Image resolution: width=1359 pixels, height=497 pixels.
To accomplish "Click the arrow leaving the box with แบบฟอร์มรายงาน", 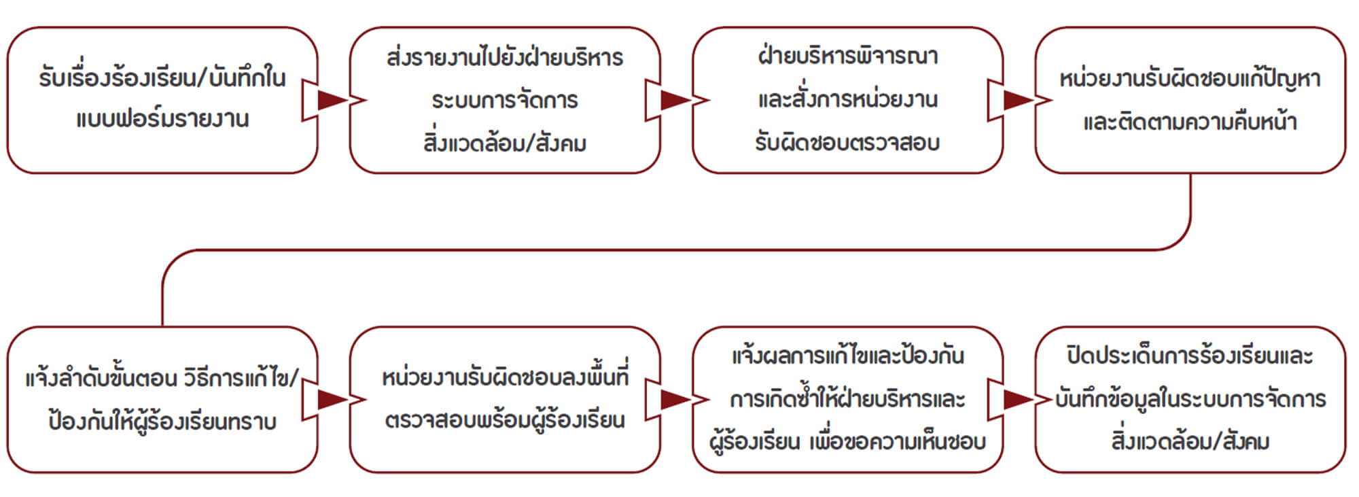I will [x=331, y=101].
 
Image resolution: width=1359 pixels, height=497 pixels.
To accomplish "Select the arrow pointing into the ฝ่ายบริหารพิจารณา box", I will [x=674, y=101].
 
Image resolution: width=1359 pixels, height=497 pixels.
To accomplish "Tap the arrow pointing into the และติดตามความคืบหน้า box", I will [x=1017, y=101].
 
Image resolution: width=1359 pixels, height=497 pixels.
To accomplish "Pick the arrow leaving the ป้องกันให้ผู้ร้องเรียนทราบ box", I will [x=331, y=400].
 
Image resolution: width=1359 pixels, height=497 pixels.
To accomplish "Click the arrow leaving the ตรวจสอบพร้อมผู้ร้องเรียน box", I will [x=674, y=400].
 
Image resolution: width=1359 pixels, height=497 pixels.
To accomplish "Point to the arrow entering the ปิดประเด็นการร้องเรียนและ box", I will [x=1017, y=400].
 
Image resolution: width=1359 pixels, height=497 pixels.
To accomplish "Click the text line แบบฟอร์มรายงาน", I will [x=162, y=120].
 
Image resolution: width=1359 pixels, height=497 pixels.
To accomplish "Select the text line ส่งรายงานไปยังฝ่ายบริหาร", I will [x=505, y=58].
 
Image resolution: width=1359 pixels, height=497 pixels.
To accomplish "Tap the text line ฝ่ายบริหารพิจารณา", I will [x=847, y=56].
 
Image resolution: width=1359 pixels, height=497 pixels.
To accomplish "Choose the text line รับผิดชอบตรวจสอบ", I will [x=847, y=143].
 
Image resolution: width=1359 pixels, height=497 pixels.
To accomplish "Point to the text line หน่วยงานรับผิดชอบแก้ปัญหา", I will [x=1190, y=80].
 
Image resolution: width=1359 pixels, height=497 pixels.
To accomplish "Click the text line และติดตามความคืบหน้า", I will [x=1190, y=122].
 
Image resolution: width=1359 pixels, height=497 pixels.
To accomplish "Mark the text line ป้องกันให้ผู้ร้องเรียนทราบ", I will [x=162, y=422].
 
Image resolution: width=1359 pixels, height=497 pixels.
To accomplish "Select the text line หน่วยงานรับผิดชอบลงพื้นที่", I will [x=505, y=377].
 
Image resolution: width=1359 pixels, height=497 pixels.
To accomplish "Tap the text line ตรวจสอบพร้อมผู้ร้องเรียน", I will [x=505, y=421].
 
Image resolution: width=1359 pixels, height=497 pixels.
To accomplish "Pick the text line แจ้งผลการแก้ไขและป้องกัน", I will [x=847, y=356].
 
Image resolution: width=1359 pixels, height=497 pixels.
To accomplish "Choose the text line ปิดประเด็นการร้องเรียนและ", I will [x=1190, y=356].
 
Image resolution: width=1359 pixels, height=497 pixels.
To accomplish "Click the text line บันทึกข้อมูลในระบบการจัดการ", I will [x=1190, y=399].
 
